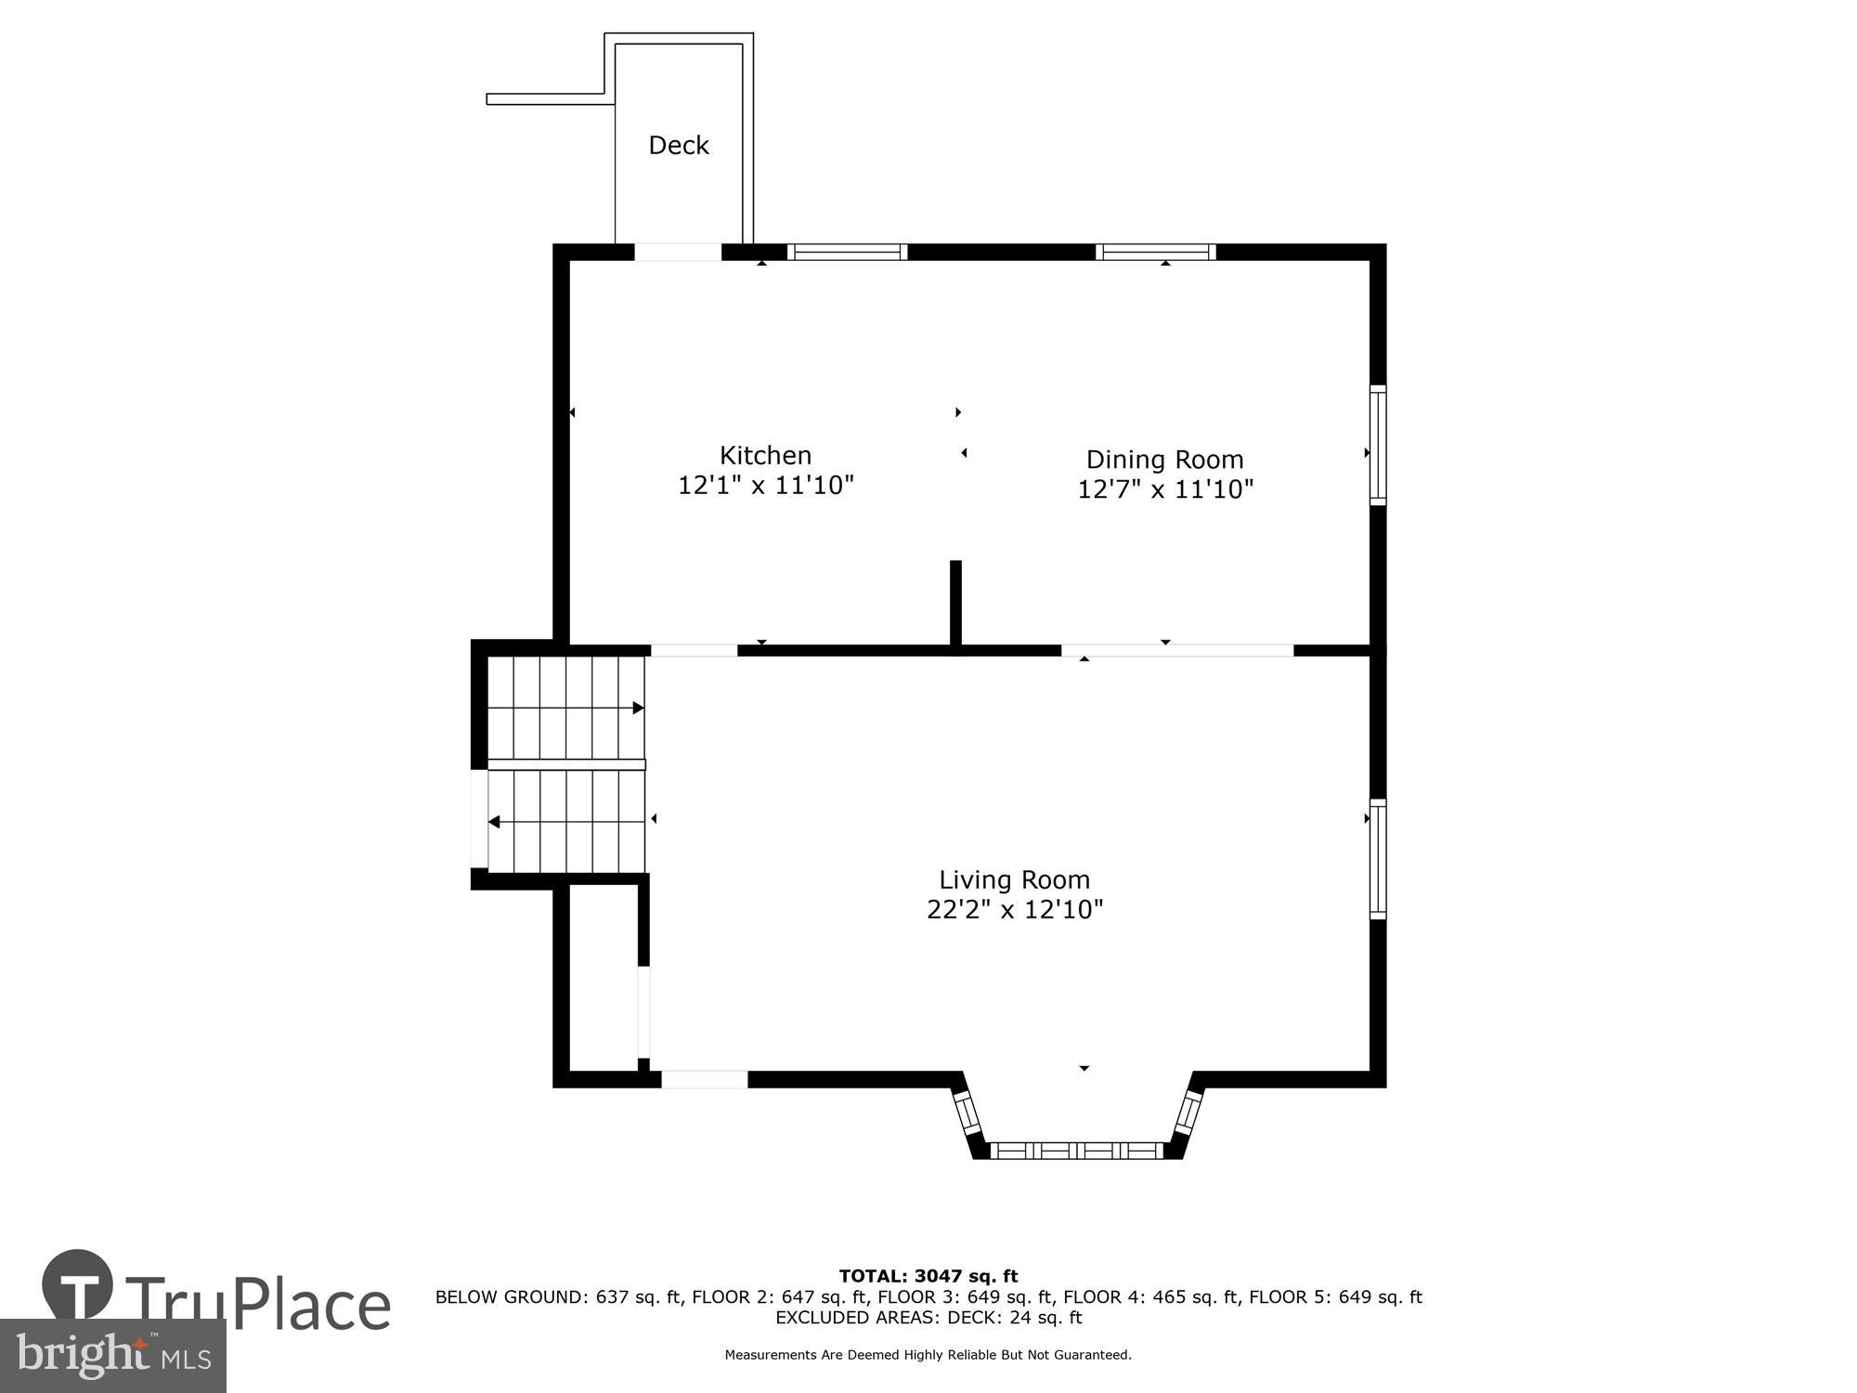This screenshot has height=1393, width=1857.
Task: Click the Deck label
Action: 678,145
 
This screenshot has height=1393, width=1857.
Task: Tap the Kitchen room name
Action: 765,455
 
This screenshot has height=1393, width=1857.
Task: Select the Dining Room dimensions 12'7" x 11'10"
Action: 1164,489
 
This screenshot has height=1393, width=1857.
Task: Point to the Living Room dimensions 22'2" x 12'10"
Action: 1014,909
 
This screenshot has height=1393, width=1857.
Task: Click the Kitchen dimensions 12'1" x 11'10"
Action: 765,485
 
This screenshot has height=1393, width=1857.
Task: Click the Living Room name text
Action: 1014,879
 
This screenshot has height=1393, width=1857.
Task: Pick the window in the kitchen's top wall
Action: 847,252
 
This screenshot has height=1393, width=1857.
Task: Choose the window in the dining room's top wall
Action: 1155,252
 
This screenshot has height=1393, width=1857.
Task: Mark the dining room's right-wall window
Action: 1378,446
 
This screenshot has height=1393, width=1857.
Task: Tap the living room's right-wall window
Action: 1378,859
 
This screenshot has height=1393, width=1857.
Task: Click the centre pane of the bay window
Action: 1077,1151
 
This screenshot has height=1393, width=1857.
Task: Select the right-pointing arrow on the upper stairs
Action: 638,708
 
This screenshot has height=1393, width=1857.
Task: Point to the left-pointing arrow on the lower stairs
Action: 495,822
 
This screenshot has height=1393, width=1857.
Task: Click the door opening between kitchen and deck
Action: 677,252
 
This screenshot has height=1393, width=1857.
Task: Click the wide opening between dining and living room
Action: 1176,650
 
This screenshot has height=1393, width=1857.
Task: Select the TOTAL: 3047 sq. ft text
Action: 928,1276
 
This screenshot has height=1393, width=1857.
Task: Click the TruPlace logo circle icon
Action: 78,1286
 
